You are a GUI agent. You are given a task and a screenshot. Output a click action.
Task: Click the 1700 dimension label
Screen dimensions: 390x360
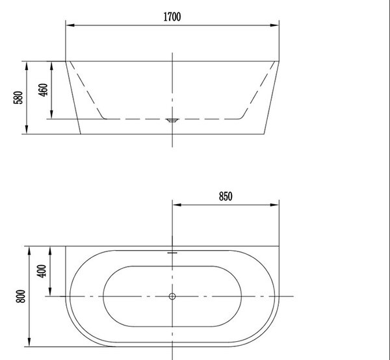pos(172,17)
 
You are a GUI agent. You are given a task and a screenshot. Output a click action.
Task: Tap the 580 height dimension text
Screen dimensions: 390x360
pos(18,97)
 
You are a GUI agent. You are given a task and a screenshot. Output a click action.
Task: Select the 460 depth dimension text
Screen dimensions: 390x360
pos(43,90)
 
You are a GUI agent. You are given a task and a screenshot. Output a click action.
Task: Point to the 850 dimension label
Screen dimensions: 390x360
pos(226,196)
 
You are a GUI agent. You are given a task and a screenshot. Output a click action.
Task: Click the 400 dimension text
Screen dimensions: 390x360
pos(42,271)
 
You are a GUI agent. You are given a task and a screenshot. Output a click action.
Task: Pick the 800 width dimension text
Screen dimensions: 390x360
pos(21,296)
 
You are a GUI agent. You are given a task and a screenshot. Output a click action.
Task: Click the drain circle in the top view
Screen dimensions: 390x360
pos(172,296)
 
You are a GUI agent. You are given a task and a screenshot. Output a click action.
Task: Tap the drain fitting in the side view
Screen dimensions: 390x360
pos(172,121)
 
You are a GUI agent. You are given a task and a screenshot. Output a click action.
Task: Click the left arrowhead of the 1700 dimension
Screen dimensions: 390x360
pos(70,25)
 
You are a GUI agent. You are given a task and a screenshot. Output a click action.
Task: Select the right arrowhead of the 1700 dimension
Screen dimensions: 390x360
pos(274,25)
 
